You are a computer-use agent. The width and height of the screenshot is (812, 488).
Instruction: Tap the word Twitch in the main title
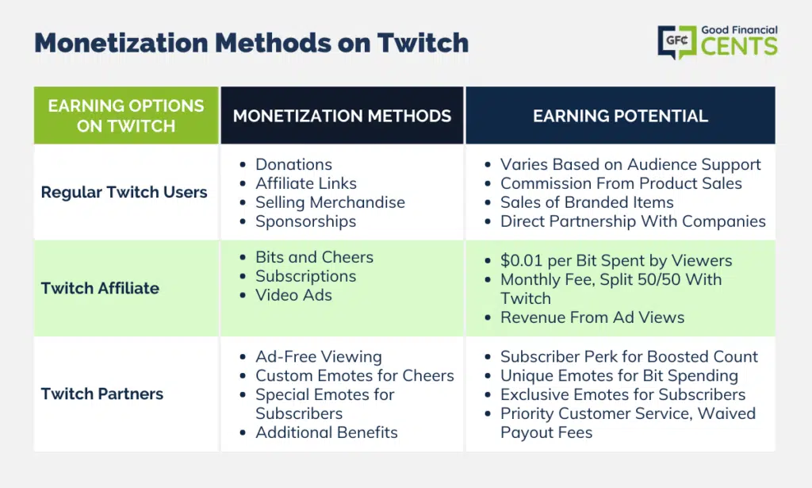423,43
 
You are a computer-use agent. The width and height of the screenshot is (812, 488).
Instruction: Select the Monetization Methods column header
342,116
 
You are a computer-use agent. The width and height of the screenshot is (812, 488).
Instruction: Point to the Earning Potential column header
620,116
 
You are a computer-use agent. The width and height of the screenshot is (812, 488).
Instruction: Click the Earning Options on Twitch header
126,116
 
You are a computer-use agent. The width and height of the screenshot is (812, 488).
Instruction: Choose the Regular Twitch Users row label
124,192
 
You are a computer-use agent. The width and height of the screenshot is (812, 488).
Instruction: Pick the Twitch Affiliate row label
100,288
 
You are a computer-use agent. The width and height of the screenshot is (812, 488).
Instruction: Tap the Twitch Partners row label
102,394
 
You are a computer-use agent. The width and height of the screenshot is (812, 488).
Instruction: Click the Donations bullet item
293,164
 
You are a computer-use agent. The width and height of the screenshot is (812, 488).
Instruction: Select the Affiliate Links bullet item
306,183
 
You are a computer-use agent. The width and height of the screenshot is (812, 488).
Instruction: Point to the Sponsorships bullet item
305,221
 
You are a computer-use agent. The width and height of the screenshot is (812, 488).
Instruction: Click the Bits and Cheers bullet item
314,257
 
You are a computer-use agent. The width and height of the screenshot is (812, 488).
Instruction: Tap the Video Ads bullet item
293,295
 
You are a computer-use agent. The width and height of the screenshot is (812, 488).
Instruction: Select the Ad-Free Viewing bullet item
319,357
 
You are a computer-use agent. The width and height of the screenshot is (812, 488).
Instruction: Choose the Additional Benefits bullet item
327,432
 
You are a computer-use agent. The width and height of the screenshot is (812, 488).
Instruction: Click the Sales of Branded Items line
587,202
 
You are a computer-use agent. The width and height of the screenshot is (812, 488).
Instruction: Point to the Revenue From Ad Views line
592,317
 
